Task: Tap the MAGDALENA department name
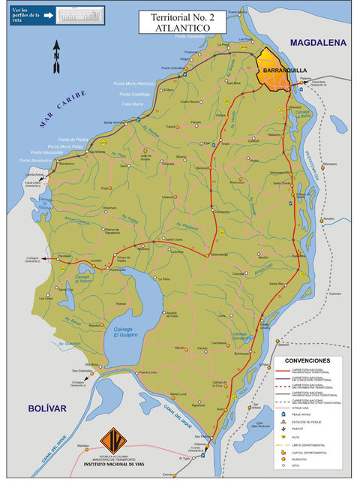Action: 320,43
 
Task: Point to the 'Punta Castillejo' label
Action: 136,94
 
